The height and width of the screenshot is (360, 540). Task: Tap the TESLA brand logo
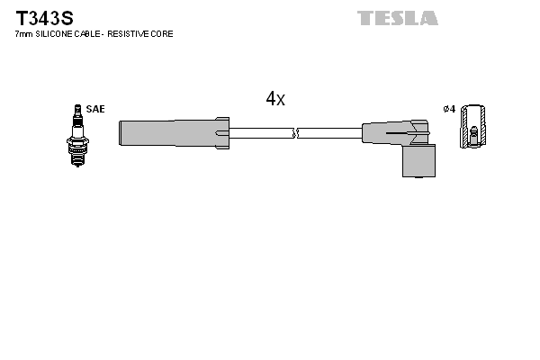tap(397, 17)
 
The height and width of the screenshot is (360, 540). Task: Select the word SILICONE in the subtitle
tap(58, 34)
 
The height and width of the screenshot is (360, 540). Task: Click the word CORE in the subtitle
tap(163, 34)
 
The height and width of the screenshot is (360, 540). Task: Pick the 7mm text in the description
tap(23, 34)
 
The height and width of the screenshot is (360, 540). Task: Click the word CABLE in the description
tap(94, 34)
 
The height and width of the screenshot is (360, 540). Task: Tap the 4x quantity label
tap(275, 99)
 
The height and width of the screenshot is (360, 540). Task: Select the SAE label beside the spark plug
tap(96, 109)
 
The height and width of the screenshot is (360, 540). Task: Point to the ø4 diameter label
tap(448, 109)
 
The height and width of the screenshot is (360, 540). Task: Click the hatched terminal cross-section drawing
tap(473, 132)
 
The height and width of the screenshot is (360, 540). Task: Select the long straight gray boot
tap(166, 133)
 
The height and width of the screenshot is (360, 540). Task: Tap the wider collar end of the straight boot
tap(221, 133)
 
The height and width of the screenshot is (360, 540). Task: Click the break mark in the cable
tap(295, 134)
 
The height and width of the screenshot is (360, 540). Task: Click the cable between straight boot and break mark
tap(261, 134)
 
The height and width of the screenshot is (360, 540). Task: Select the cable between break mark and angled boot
tap(328, 134)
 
